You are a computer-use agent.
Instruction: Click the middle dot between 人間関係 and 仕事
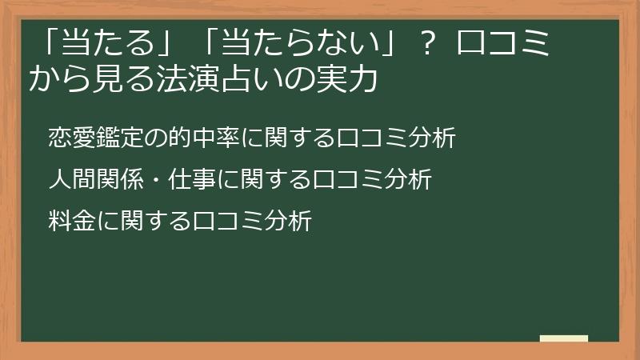click(154, 180)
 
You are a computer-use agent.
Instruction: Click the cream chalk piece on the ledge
click(563, 338)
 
